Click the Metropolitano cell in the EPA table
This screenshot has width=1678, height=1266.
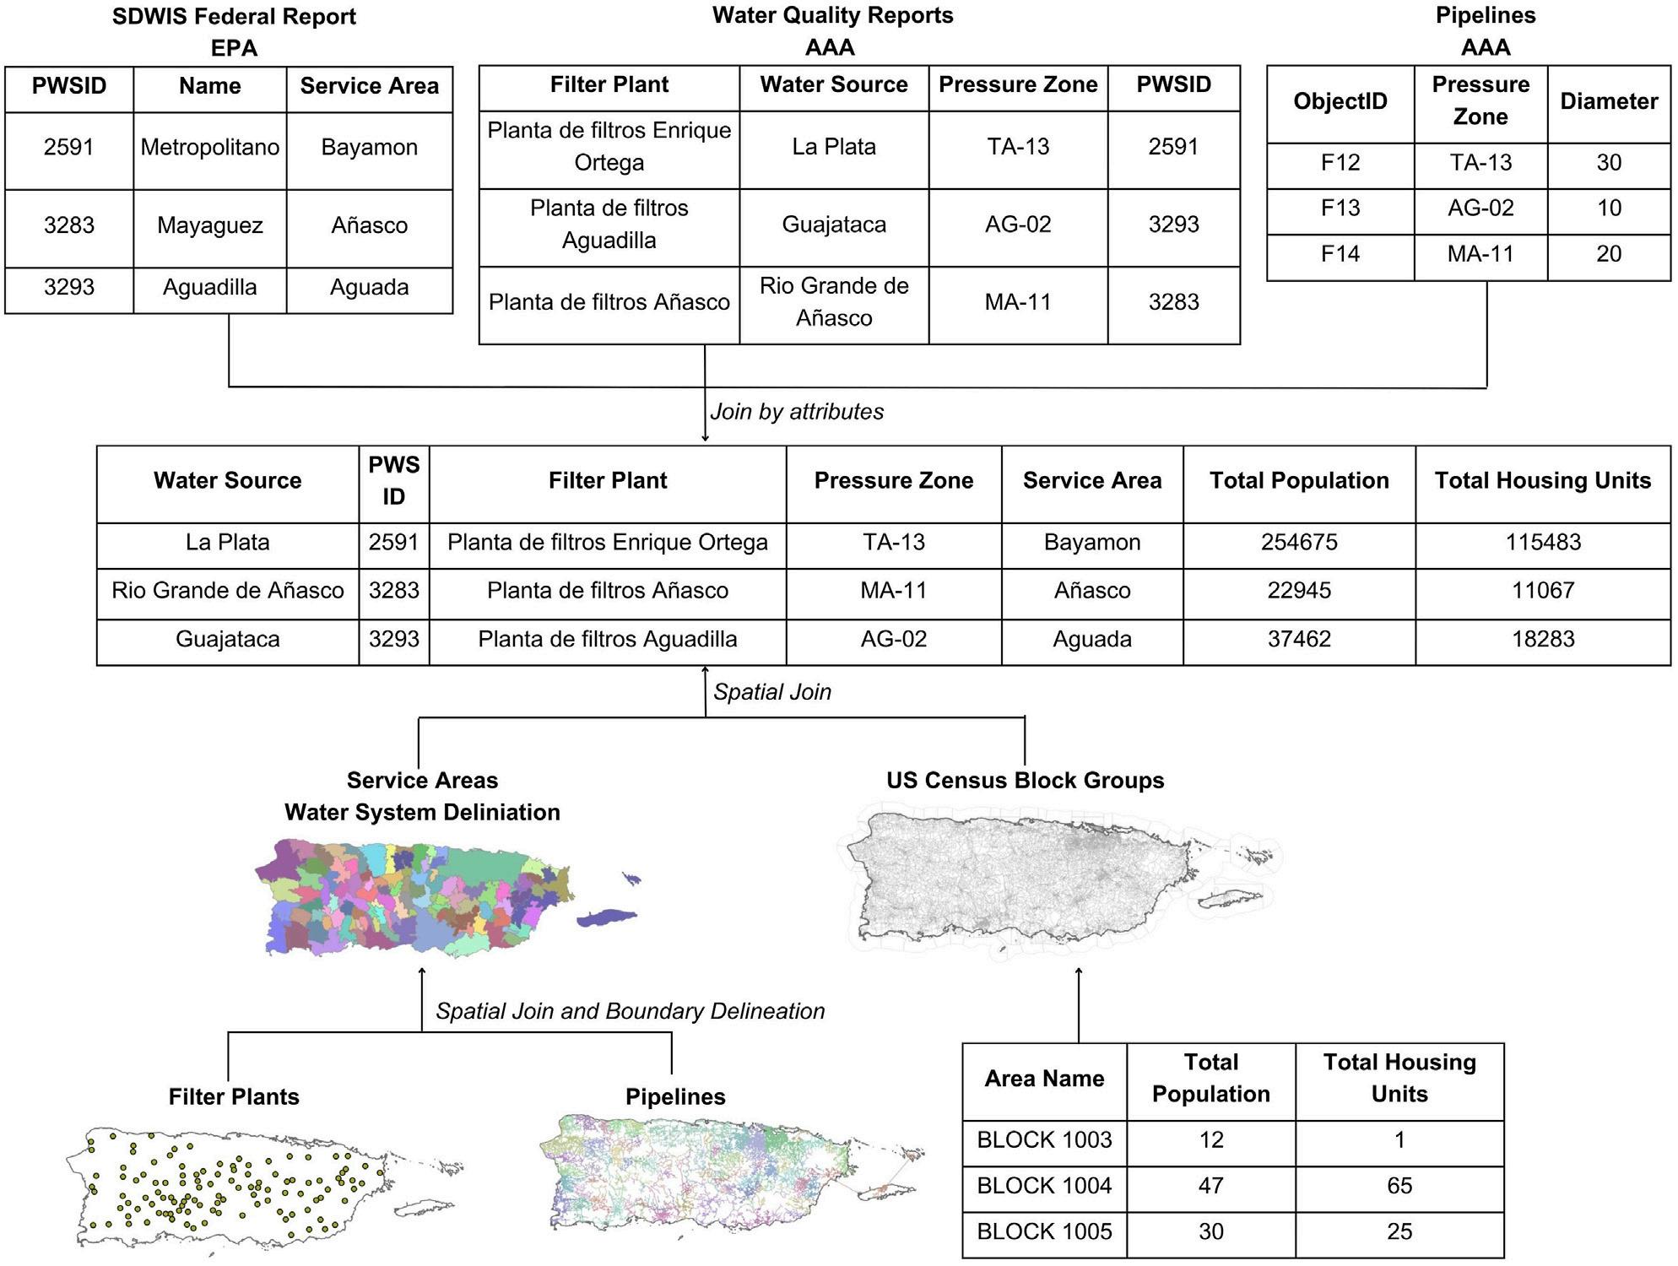(209, 148)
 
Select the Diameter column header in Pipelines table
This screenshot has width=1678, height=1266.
(1609, 101)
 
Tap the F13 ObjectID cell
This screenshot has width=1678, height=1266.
(1340, 208)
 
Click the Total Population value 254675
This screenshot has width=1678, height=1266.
(1299, 542)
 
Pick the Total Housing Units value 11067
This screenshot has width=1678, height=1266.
(1542, 590)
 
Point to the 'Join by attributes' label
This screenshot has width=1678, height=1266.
(797, 412)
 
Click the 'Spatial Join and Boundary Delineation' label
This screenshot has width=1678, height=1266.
(630, 1011)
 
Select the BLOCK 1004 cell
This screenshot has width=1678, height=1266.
(1044, 1186)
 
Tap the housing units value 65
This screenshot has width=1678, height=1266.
(1399, 1186)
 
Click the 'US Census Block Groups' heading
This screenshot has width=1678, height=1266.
(1025, 781)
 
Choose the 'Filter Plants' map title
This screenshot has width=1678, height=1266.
(234, 1096)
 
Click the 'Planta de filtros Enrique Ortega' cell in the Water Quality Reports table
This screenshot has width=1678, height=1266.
(609, 147)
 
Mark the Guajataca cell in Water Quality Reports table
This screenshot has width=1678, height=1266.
(833, 225)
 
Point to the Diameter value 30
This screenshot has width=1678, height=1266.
(1609, 163)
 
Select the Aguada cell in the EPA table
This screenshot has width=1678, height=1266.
(369, 287)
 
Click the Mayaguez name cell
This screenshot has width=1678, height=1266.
(209, 225)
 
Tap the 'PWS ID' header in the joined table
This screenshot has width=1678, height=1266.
(393, 481)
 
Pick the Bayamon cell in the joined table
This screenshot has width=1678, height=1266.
(1091, 542)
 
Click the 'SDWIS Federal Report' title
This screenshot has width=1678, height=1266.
(234, 17)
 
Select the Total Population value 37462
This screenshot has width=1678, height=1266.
(1299, 639)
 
